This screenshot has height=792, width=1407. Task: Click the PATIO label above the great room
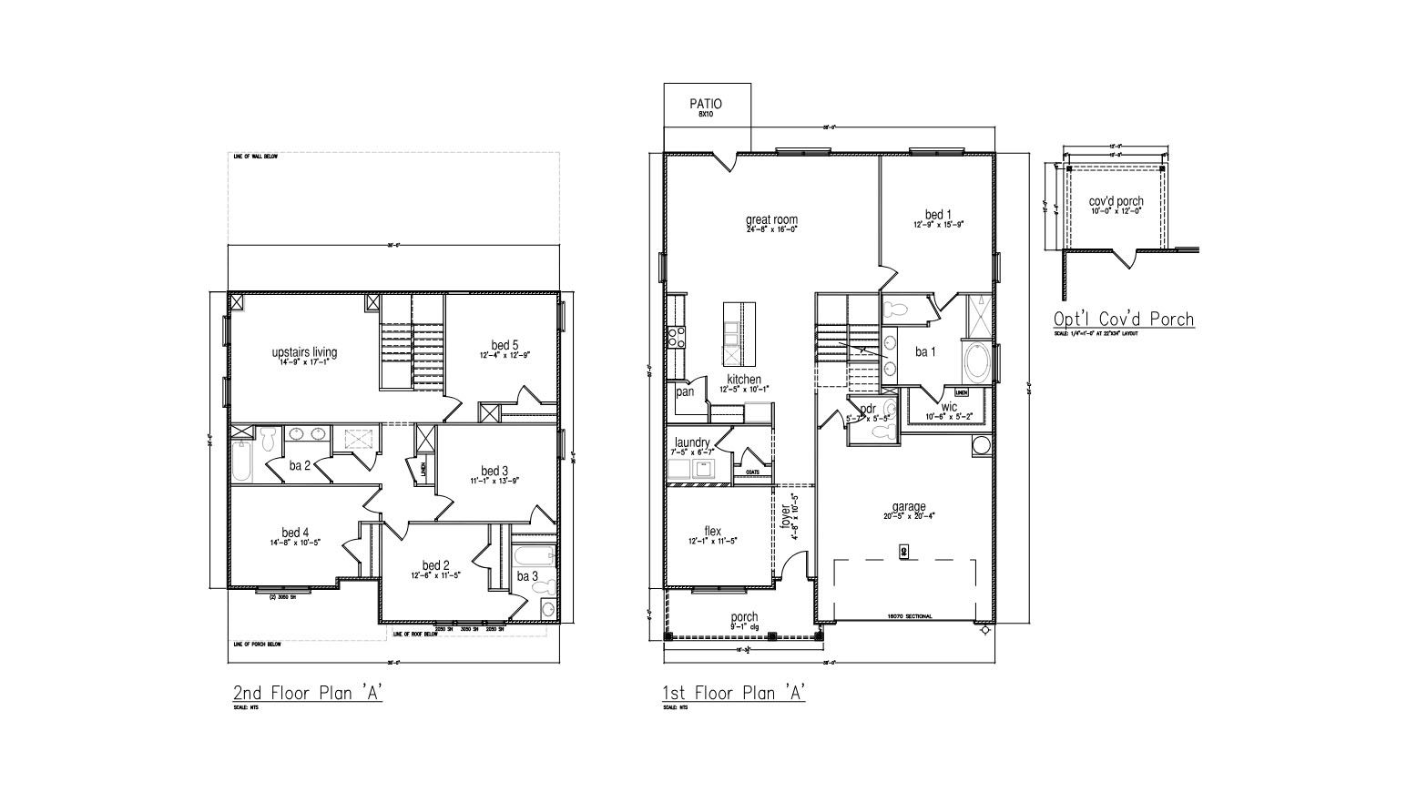(706, 105)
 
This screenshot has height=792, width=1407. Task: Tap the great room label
(771, 219)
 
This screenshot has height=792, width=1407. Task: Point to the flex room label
(712, 532)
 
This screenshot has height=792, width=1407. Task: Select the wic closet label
(949, 407)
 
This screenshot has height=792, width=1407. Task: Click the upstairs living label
(304, 352)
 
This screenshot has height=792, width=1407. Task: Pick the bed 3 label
(494, 471)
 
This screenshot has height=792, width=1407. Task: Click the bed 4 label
(295, 533)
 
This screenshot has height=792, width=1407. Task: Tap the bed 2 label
(436, 564)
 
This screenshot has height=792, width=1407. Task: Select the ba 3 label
(527, 575)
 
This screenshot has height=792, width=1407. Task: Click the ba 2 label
(301, 465)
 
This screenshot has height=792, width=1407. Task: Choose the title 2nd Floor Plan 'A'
(307, 693)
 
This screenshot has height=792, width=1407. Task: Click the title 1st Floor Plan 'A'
(734, 693)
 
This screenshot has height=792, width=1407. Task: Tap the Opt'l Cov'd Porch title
(1123, 319)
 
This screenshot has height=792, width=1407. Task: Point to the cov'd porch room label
(1116, 201)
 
